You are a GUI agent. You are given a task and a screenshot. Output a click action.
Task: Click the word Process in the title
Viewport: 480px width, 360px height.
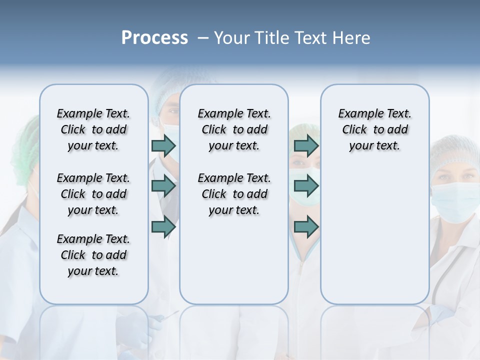[x=154, y=38]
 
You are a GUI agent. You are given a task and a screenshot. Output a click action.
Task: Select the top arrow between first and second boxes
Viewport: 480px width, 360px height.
[x=163, y=146]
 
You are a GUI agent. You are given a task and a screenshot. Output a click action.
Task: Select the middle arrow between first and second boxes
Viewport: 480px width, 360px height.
[x=163, y=186]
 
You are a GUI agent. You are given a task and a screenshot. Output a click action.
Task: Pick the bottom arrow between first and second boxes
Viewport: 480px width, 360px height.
[x=163, y=226]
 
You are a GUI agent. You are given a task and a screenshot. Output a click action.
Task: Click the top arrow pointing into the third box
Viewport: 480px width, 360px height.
[x=306, y=146]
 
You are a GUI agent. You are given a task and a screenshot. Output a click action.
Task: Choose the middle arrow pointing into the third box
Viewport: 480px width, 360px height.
[x=306, y=186]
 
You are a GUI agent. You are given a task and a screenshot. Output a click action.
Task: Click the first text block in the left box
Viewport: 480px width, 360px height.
[x=93, y=129]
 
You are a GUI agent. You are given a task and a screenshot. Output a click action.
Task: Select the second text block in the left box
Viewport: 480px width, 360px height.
[x=93, y=194]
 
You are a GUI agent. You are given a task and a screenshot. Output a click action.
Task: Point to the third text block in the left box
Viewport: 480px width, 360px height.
[x=93, y=255]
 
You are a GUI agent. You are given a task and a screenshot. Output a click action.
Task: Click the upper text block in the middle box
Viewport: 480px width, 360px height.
[x=234, y=129]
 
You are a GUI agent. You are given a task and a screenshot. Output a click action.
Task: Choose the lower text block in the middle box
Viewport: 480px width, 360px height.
[x=234, y=194]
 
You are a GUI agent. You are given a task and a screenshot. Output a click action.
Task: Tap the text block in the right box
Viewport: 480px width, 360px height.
[x=374, y=129]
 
